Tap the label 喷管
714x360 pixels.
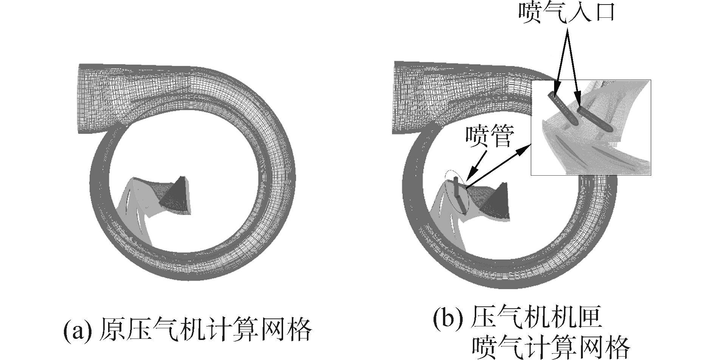489,137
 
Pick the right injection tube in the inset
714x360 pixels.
593,119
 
